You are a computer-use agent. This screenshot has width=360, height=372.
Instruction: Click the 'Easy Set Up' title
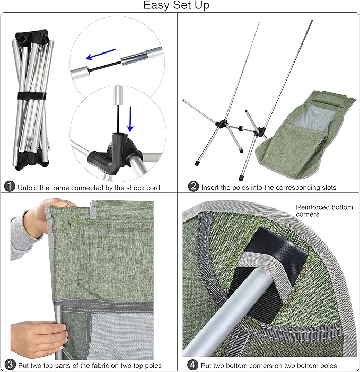(x=177, y=5)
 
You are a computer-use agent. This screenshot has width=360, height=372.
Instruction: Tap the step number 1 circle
(x=10, y=187)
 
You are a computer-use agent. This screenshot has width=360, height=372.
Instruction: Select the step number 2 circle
(x=194, y=186)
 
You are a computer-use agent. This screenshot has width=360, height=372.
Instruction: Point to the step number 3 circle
(x=10, y=365)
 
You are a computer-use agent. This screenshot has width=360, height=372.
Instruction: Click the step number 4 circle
(x=193, y=365)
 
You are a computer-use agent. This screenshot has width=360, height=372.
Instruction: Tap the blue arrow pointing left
(x=100, y=55)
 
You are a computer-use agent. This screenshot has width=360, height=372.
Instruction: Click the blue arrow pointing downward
(x=130, y=119)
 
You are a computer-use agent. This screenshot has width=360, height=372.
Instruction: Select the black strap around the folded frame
(x=32, y=96)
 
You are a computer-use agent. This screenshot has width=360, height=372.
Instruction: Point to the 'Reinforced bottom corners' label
(x=324, y=211)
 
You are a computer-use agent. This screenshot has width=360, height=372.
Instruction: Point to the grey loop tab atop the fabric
(x=93, y=209)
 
